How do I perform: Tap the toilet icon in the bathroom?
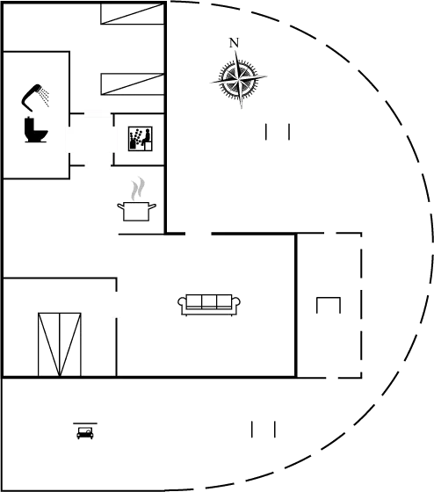[36, 130]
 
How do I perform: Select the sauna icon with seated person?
[141, 139]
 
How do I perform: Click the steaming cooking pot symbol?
[136, 199]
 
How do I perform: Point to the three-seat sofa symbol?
[209, 305]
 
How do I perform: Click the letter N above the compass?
[234, 43]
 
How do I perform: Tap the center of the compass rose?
[239, 78]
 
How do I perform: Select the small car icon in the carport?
[85, 433]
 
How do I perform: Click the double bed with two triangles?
[60, 344]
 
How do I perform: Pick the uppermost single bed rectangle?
[133, 13]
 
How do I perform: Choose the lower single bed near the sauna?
[133, 84]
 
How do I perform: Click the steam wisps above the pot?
[138, 188]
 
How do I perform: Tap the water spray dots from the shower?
[45, 97]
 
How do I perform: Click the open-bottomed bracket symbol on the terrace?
[329, 298]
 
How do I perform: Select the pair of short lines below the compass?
[278, 132]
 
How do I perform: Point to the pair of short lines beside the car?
[264, 430]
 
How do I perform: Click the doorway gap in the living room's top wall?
[199, 234]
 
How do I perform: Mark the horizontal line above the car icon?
[85, 423]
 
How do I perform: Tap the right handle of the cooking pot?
[153, 206]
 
